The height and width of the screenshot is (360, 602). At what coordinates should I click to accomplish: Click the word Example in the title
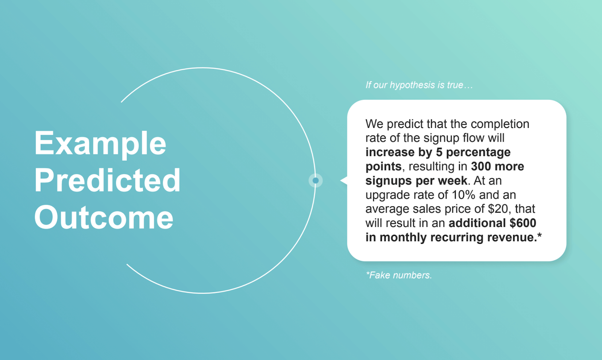(100, 144)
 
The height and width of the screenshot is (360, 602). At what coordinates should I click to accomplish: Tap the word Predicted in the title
(107, 181)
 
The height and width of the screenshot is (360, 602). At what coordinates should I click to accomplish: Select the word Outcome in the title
(104, 217)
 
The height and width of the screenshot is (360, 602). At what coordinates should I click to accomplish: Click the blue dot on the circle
(316, 181)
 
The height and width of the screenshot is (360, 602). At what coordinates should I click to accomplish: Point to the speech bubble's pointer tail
(344, 181)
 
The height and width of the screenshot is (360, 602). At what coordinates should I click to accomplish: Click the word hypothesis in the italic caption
(412, 85)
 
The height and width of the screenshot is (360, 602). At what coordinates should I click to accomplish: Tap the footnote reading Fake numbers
(399, 275)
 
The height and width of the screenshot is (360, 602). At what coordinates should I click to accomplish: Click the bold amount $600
(523, 223)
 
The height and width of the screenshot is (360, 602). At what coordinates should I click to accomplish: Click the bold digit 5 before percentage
(439, 152)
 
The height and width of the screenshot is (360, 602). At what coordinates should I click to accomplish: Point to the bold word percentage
(478, 152)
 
